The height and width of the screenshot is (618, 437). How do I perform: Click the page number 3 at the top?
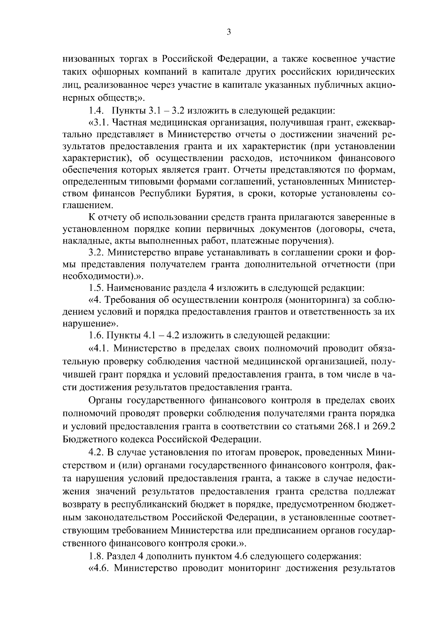pyautogui.click(x=229, y=32)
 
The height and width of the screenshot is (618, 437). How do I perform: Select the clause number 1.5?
pyautogui.click(x=97, y=288)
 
